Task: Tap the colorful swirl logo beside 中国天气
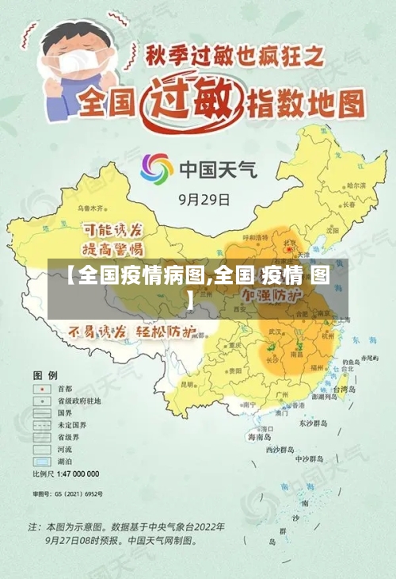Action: (157, 169)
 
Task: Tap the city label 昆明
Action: (188, 383)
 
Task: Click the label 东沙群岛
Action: (312, 424)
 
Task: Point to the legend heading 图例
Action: (45, 374)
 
